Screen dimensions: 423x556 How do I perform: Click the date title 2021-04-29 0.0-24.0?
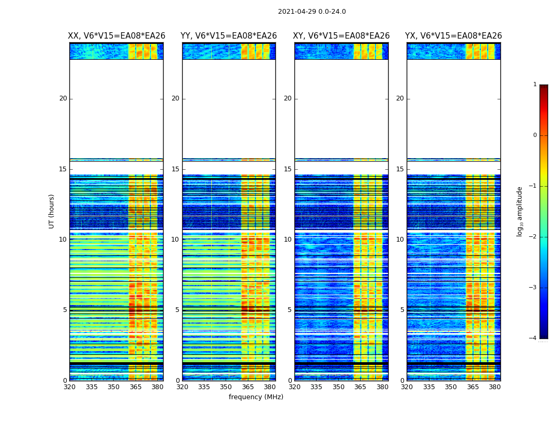(312, 12)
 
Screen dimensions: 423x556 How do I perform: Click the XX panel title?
(116, 36)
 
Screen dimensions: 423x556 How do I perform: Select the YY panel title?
(229, 36)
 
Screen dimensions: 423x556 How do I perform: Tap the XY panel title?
(342, 36)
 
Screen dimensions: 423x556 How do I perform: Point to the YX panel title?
(453, 36)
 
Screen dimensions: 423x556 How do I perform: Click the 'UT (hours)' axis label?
(52, 211)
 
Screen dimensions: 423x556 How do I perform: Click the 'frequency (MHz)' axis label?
(256, 397)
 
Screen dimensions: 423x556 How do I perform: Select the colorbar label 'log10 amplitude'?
(520, 211)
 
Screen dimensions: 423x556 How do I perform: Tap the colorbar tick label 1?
(535, 85)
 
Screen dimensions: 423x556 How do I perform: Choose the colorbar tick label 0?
(535, 135)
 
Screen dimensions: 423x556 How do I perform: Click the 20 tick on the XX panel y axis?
(63, 98)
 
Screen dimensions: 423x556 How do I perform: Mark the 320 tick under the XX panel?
(69, 387)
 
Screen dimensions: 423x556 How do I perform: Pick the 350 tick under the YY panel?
(226, 387)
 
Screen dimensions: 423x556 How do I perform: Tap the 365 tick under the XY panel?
(361, 387)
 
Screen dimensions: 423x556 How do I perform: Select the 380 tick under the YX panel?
(495, 387)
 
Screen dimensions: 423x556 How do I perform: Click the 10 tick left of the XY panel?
(288, 240)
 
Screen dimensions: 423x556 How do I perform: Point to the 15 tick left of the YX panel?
(400, 169)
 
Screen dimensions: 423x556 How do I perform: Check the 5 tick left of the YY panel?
(177, 310)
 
